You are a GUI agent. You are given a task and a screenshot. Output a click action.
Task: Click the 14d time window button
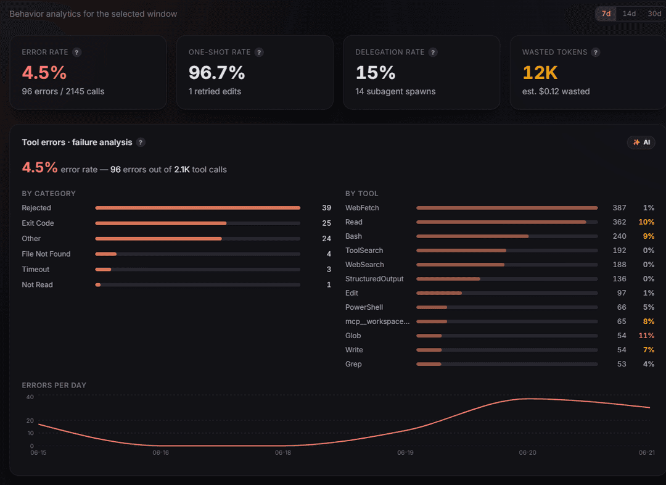[x=629, y=14]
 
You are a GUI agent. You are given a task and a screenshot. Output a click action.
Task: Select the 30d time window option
[x=654, y=14]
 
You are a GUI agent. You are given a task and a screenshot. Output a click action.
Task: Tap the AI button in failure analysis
[x=641, y=143]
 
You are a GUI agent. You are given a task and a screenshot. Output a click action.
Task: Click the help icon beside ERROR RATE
[x=76, y=52]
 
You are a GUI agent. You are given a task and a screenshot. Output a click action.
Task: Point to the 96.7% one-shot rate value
[x=216, y=72]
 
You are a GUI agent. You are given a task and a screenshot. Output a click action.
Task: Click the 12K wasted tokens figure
[x=540, y=72]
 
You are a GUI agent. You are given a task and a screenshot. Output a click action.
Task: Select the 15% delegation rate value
[x=376, y=72]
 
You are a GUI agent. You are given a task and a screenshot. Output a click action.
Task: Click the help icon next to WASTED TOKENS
[x=596, y=52]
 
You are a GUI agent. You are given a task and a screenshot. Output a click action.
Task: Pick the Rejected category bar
[x=198, y=208]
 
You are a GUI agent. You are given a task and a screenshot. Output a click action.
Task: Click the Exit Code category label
[x=38, y=223]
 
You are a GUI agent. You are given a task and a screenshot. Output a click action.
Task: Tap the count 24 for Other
[x=326, y=238]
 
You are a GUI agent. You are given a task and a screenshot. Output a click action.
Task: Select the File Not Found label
[x=46, y=254]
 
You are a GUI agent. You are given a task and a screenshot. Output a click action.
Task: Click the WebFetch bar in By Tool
[x=507, y=208]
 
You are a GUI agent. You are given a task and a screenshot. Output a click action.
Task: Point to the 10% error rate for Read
[x=646, y=222]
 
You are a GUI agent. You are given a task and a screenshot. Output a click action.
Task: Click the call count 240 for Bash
[x=619, y=236]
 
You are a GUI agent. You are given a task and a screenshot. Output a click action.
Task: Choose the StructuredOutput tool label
[x=374, y=279]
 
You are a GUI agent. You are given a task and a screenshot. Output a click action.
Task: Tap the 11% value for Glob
[x=646, y=336]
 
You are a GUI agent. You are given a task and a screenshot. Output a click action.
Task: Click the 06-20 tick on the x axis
[x=527, y=453]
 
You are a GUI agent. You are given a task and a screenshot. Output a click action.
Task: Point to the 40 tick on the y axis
[x=30, y=397]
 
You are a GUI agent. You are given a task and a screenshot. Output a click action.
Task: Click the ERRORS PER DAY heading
[x=54, y=385]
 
